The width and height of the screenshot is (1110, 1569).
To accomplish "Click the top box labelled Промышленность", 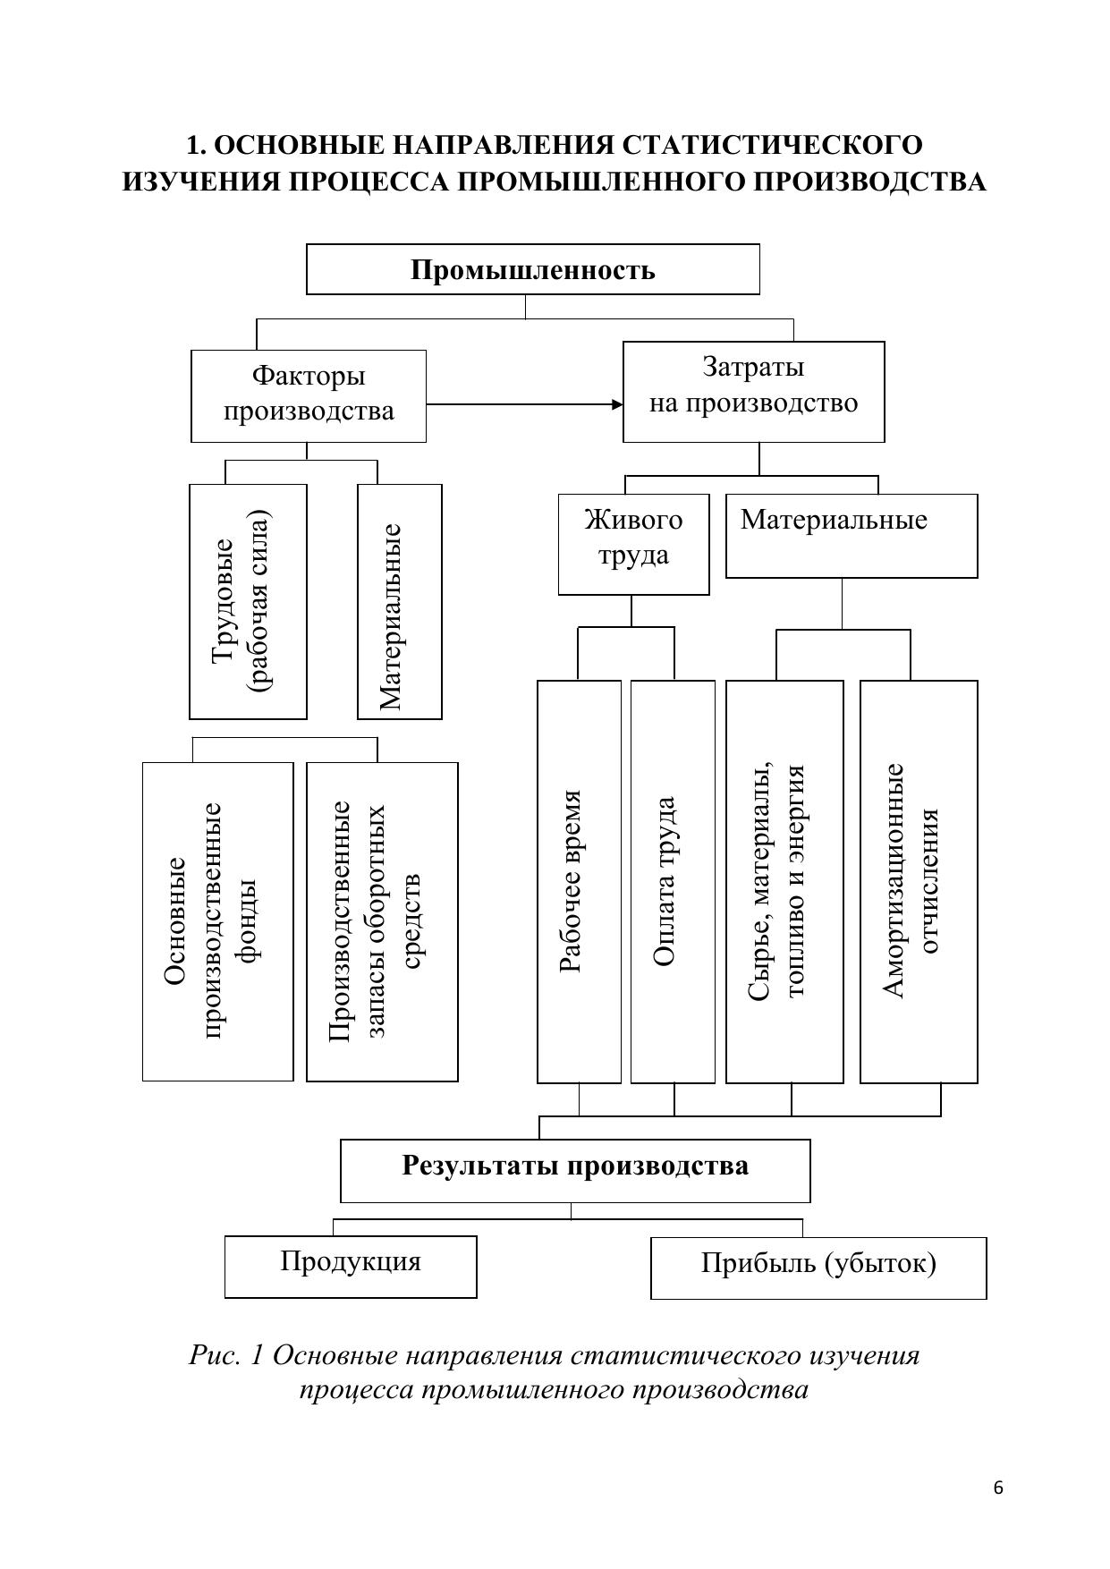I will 532,269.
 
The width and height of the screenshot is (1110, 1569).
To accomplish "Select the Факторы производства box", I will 309,395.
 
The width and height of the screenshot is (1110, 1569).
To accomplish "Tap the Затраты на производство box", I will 753,391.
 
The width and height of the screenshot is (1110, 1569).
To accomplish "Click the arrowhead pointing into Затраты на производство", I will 617,404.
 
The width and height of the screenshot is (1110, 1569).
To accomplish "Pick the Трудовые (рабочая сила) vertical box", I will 248,601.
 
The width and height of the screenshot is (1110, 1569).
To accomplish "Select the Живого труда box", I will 633,544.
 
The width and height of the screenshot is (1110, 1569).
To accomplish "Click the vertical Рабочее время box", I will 579,881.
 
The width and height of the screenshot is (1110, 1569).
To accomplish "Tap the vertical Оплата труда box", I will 673,881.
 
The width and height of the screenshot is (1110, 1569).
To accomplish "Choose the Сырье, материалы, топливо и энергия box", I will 784,881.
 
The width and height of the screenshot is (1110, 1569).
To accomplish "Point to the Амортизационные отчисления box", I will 919,881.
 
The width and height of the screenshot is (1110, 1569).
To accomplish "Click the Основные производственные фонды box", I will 217,921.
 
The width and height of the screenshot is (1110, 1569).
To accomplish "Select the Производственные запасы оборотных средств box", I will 382,921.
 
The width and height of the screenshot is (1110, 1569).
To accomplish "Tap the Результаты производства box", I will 575,1170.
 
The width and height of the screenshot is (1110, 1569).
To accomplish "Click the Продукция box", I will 351,1266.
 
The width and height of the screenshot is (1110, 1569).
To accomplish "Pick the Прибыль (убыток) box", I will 818,1268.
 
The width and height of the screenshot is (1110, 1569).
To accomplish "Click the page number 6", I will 998,1488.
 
